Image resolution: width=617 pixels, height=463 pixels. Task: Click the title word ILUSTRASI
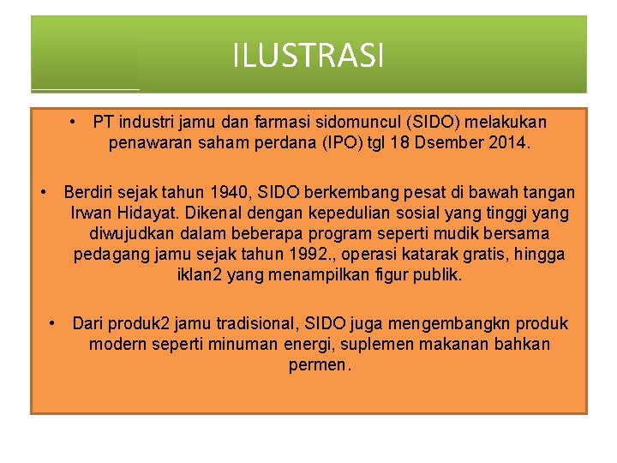coord(308,57)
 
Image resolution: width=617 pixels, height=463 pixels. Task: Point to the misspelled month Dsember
coord(446,143)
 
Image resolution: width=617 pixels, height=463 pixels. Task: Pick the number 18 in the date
coord(399,143)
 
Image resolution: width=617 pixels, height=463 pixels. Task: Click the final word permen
coord(320,365)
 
